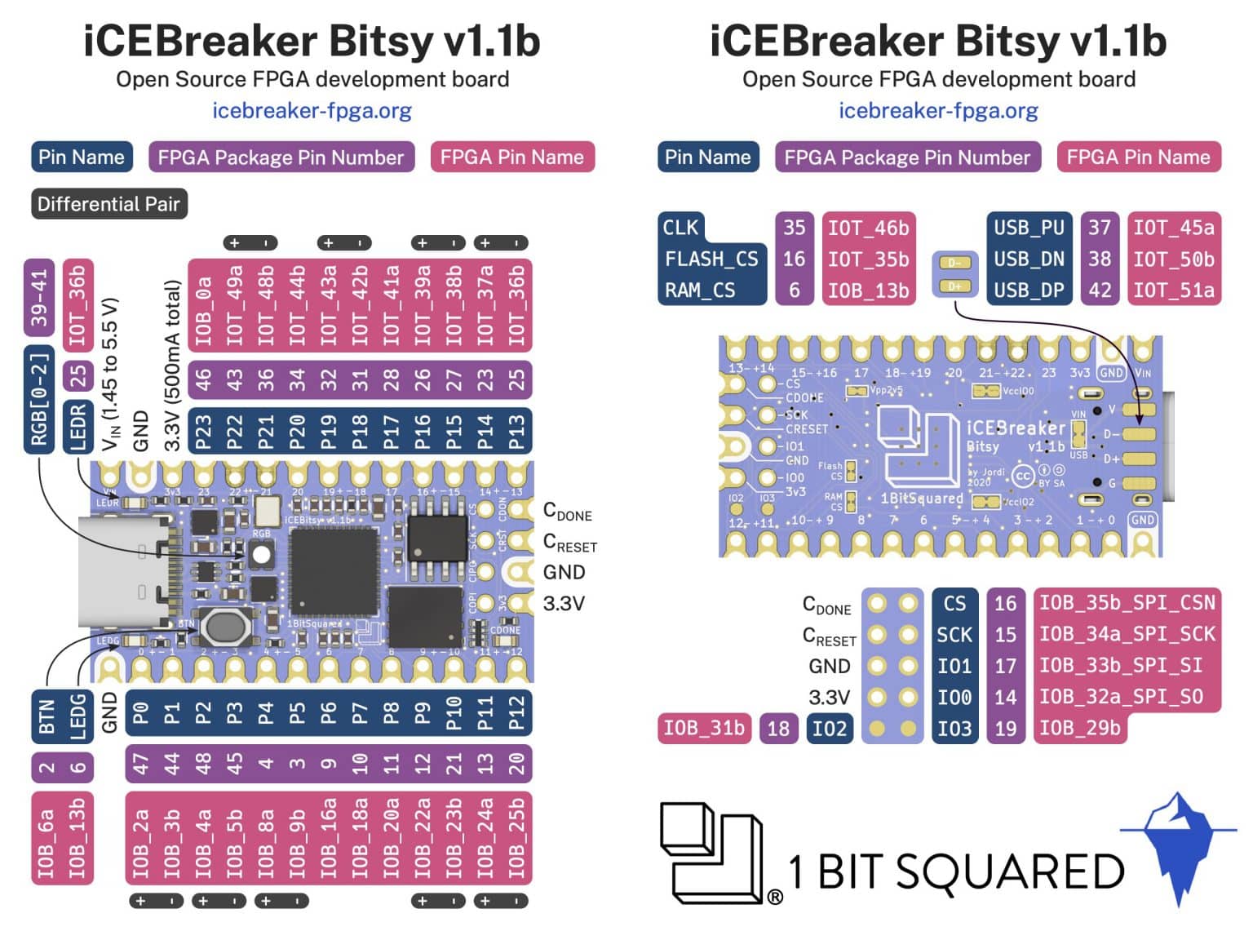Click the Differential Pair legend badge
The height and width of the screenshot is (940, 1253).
pyautogui.click(x=108, y=204)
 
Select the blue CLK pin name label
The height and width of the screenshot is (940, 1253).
pyautogui.click(x=681, y=228)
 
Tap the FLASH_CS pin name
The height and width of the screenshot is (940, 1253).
pyautogui.click(x=711, y=259)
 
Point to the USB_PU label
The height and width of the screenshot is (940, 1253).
pyautogui.click(x=1028, y=228)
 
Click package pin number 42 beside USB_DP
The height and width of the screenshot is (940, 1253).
pyautogui.click(x=1099, y=290)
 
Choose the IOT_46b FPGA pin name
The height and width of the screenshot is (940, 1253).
pyautogui.click(x=868, y=228)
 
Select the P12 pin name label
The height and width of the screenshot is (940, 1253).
pyautogui.click(x=516, y=713)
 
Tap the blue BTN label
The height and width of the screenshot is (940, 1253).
pyautogui.click(x=46, y=715)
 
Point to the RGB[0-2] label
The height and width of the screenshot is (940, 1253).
pyautogui.click(x=39, y=399)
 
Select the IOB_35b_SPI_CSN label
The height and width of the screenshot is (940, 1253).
pyautogui.click(x=1127, y=603)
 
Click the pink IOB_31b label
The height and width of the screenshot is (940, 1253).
pyautogui.click(x=704, y=728)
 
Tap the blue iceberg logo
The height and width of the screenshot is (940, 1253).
pyautogui.click(x=1177, y=845)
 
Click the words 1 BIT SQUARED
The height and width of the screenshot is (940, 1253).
pyautogui.click(x=956, y=871)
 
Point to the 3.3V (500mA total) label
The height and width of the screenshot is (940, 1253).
pyautogui.click(x=172, y=365)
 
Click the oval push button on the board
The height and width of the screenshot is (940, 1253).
pyautogui.click(x=225, y=626)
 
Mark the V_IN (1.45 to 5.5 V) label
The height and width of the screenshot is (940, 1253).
pyautogui.click(x=111, y=374)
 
